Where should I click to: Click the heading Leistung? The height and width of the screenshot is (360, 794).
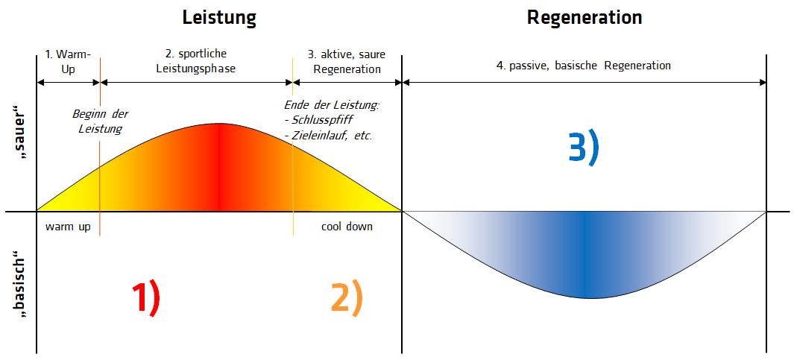click(x=219, y=18)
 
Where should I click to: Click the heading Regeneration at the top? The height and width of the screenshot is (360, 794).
click(x=584, y=17)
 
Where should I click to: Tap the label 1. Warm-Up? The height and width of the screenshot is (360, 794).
click(x=68, y=61)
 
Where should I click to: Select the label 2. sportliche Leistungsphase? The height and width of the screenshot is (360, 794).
click(x=196, y=61)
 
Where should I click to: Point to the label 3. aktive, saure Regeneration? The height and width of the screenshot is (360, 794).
click(x=347, y=61)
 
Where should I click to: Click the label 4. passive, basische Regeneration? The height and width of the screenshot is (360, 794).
click(x=584, y=66)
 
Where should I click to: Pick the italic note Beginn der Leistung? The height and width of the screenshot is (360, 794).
click(x=100, y=121)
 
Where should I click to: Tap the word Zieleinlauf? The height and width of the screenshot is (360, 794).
click(x=321, y=136)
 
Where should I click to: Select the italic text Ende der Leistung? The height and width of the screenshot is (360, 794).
click(x=332, y=105)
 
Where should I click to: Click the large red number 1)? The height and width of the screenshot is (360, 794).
click(x=147, y=299)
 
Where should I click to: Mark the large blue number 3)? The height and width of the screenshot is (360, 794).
click(x=584, y=148)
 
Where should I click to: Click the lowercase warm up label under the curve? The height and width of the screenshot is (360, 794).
click(x=68, y=227)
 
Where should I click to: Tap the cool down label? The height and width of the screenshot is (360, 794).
click(x=347, y=227)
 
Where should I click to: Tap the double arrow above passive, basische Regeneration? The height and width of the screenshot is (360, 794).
click(x=584, y=82)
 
